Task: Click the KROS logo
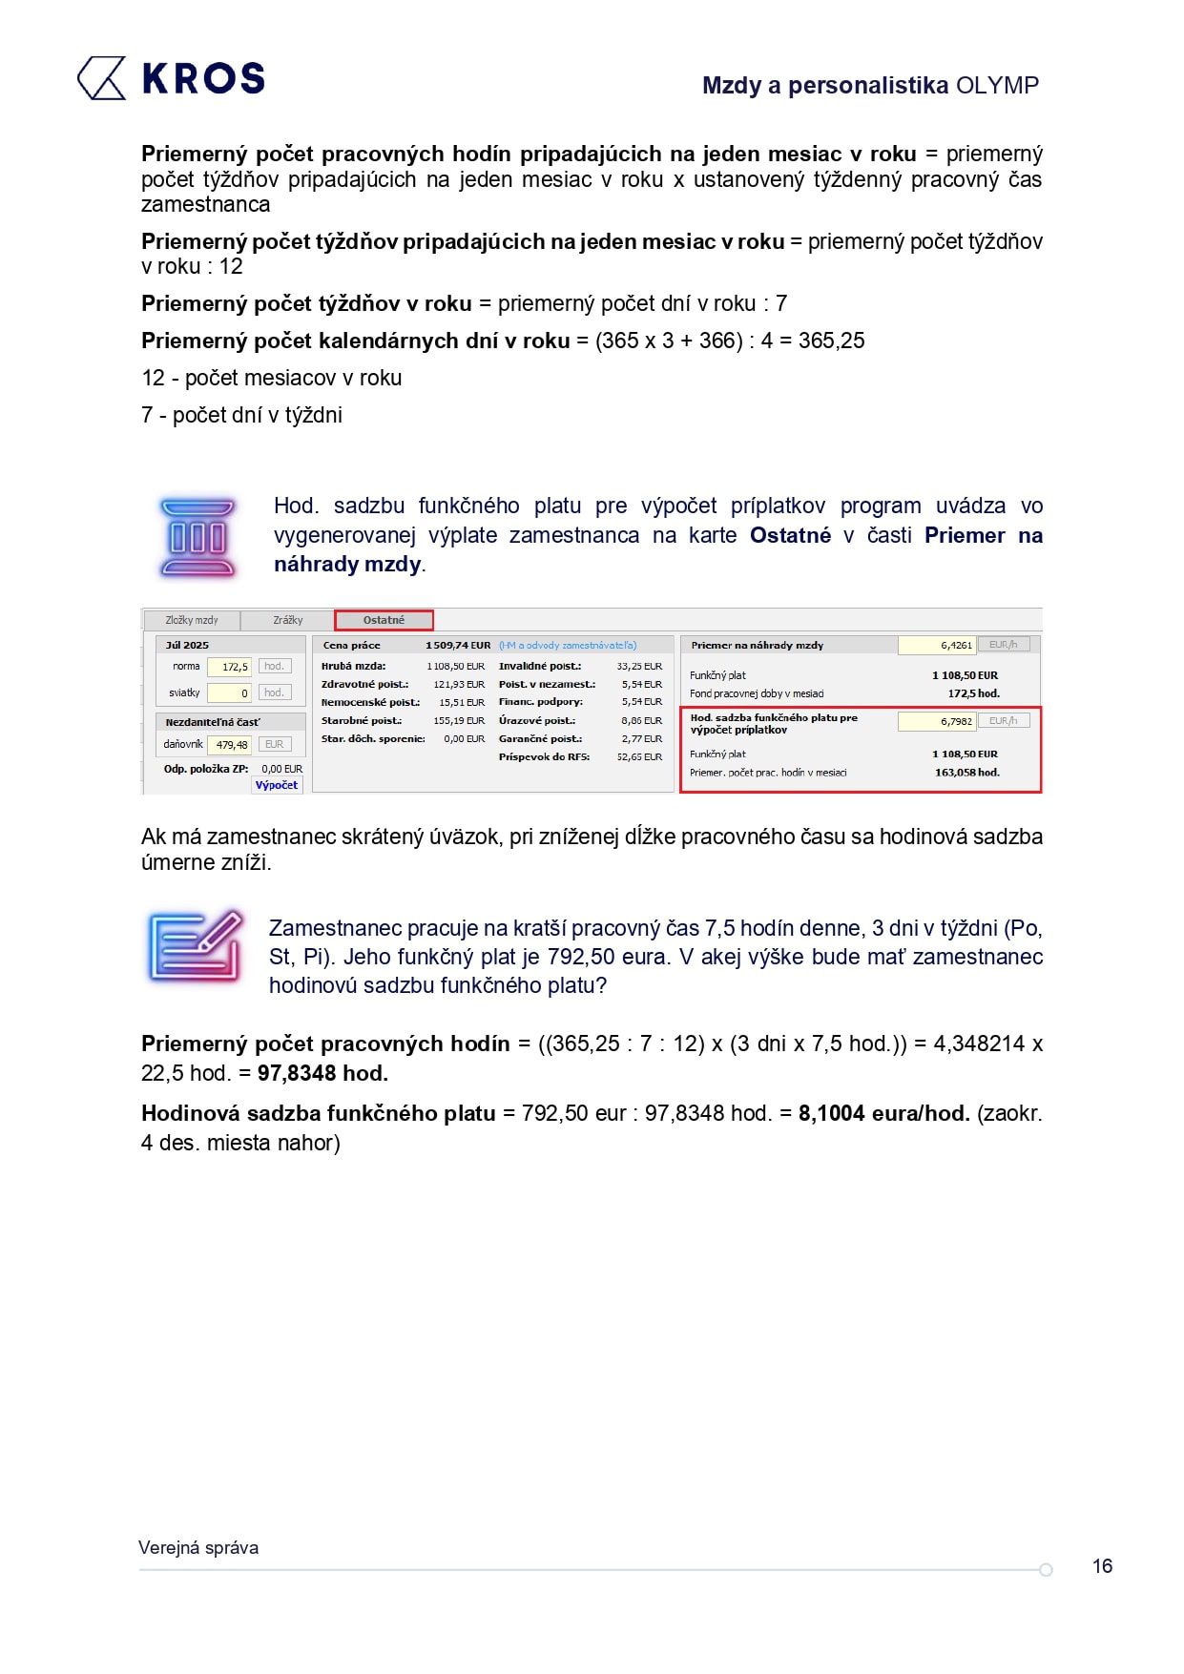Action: coord(171,78)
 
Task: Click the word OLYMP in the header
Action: coord(997,86)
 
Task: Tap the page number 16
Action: coord(1102,1566)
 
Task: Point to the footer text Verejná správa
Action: coord(198,1548)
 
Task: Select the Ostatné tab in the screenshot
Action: coord(384,620)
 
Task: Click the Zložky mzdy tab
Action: coord(192,620)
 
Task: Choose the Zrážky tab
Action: coord(287,620)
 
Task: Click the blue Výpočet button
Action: coord(277,785)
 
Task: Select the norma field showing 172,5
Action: coord(229,667)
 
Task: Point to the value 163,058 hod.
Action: coord(966,773)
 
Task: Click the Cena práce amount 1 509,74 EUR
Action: coord(458,646)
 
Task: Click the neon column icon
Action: coord(197,538)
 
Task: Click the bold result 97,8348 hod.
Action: coord(322,1073)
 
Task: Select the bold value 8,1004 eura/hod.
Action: coord(883,1113)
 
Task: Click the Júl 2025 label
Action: coord(187,646)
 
